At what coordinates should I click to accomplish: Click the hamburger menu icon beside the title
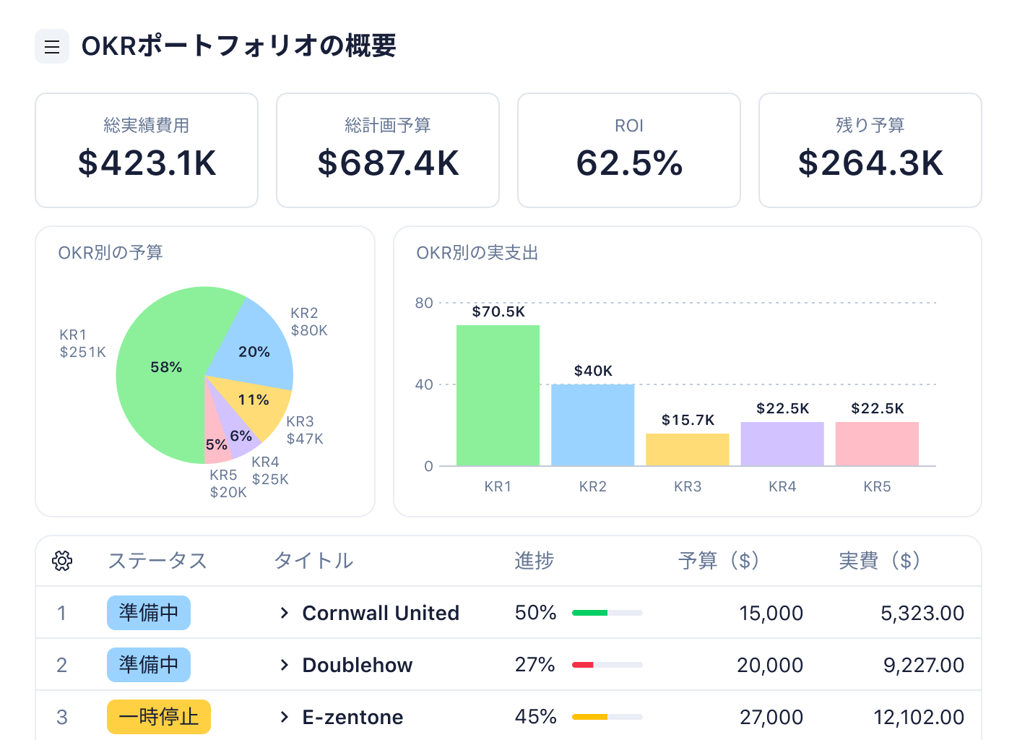tap(52, 47)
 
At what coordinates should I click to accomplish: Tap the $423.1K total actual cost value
tap(147, 163)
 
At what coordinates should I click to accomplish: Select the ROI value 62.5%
tap(629, 163)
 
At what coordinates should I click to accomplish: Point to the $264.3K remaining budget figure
tap(870, 163)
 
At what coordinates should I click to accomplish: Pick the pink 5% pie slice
tap(216, 442)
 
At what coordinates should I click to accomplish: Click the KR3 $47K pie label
tap(304, 430)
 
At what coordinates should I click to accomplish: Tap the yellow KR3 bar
tap(687, 449)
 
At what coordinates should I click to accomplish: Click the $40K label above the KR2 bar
tap(593, 371)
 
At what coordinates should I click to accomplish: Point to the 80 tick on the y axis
tap(424, 303)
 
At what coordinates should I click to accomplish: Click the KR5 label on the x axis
tap(877, 486)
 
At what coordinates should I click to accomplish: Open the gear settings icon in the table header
tap(62, 561)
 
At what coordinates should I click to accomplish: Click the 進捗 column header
tap(534, 561)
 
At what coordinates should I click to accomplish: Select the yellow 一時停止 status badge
tap(159, 717)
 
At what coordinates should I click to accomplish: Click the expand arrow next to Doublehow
tap(285, 665)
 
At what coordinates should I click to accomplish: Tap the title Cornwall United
tap(381, 613)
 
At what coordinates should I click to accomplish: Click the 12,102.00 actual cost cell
tap(919, 717)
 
